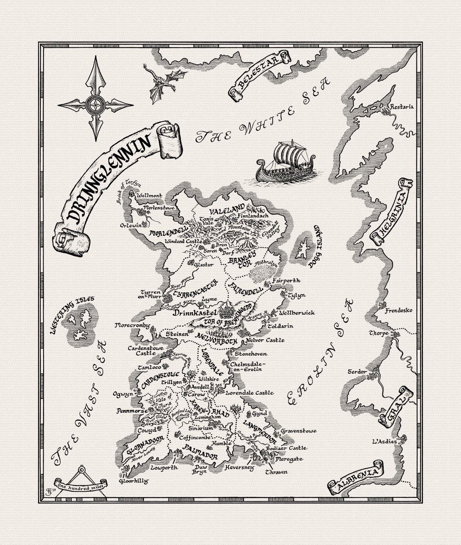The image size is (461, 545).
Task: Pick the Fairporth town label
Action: [x=285, y=281]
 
